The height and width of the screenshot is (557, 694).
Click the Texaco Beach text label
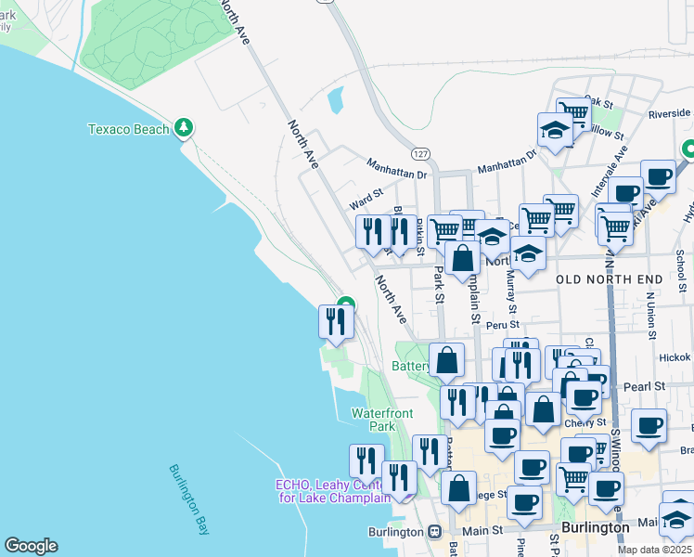tap(128, 129)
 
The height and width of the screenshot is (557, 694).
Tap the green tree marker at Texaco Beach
tap(185, 126)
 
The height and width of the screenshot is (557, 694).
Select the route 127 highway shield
tap(420, 151)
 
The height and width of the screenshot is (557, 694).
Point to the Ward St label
tap(366, 197)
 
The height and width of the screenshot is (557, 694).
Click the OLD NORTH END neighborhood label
tap(610, 279)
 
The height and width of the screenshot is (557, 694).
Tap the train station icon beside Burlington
tap(433, 532)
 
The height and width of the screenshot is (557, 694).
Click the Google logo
tap(31, 546)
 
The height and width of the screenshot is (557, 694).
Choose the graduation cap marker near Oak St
tap(555, 130)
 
